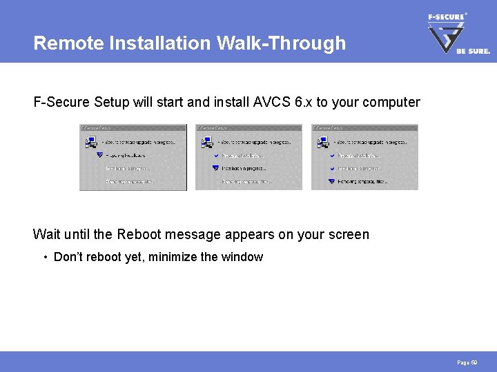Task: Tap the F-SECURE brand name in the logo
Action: pyautogui.click(x=445, y=17)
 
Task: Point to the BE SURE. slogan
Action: pyautogui.click(x=473, y=51)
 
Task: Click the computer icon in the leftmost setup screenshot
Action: pyautogui.click(x=90, y=142)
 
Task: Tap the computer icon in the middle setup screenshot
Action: pyautogui.click(x=206, y=142)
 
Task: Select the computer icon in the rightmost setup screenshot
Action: pyautogui.click(x=322, y=142)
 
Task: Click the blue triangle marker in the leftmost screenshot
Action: pyautogui.click(x=99, y=156)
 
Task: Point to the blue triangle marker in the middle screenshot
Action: pyautogui.click(x=215, y=168)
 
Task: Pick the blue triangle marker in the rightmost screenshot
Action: pyautogui.click(x=331, y=181)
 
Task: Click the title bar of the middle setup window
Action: pyautogui.click(x=248, y=127)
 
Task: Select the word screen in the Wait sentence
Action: pyautogui.click(x=349, y=234)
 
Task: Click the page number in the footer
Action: pyautogui.click(x=467, y=362)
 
